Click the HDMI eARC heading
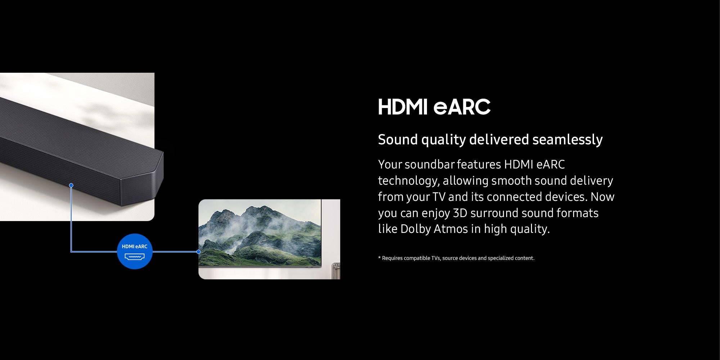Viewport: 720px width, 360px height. click(434, 107)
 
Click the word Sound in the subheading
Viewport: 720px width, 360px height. click(398, 139)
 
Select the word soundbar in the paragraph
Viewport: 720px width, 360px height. click(430, 164)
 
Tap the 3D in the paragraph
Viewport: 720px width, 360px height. click(460, 213)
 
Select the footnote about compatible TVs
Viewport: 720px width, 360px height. click(456, 258)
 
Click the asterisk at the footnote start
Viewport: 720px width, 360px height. click(379, 257)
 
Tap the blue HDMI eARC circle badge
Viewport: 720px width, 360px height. click(135, 251)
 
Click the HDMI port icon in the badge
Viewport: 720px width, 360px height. click(135, 257)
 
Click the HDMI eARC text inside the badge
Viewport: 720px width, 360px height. click(135, 247)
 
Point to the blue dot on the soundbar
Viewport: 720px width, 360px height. click(71, 185)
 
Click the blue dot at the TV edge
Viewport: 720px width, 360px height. click(198, 252)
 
